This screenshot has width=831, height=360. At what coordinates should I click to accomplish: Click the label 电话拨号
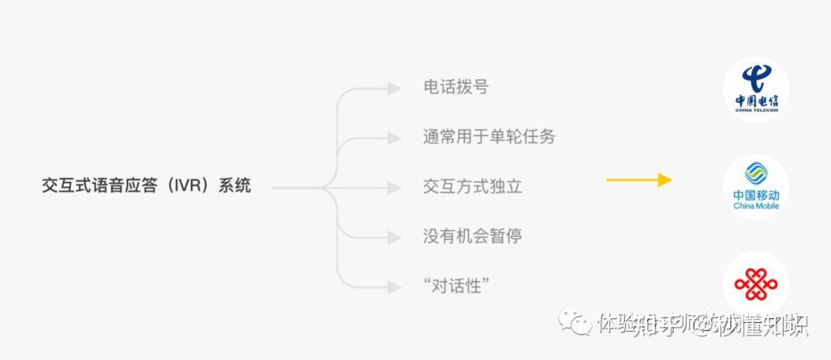(456, 87)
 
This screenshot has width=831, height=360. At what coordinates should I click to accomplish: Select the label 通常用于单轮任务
(489, 137)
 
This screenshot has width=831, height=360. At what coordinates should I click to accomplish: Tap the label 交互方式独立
(472, 186)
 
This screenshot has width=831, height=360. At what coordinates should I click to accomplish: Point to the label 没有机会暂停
(472, 235)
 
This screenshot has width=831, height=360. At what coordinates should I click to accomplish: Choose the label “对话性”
(457, 285)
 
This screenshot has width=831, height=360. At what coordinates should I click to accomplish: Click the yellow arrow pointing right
(639, 180)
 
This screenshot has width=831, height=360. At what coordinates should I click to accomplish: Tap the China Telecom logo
(756, 89)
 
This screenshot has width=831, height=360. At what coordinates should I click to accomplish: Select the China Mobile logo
(756, 187)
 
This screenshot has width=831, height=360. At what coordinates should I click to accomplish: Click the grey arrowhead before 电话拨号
(394, 88)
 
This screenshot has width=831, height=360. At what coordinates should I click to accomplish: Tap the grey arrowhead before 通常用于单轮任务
(394, 138)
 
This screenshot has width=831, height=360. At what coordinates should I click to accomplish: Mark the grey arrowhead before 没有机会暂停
(394, 237)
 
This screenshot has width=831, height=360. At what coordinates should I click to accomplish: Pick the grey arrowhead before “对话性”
(394, 287)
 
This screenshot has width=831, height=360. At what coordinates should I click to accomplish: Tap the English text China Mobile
(756, 206)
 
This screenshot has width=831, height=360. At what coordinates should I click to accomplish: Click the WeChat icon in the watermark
(576, 322)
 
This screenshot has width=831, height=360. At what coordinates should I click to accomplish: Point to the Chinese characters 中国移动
(756, 195)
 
